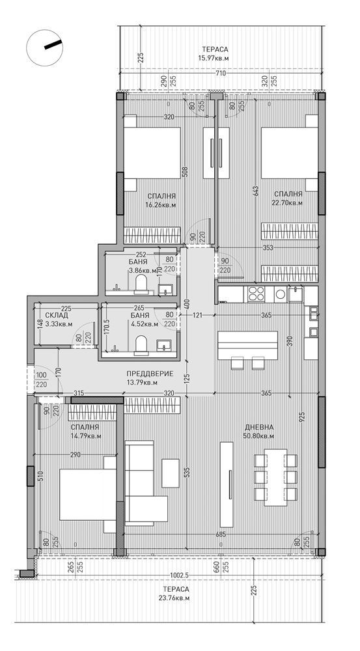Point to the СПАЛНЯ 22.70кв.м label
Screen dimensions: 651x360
point(287,198)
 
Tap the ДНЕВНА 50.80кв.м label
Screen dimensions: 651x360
point(258,431)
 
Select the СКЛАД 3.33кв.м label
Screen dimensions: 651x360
point(57,319)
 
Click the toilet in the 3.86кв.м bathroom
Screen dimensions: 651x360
point(141,282)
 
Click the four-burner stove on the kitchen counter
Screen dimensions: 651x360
point(255,293)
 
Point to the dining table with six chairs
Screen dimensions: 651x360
point(273,477)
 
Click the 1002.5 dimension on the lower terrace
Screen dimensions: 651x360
point(176,575)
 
